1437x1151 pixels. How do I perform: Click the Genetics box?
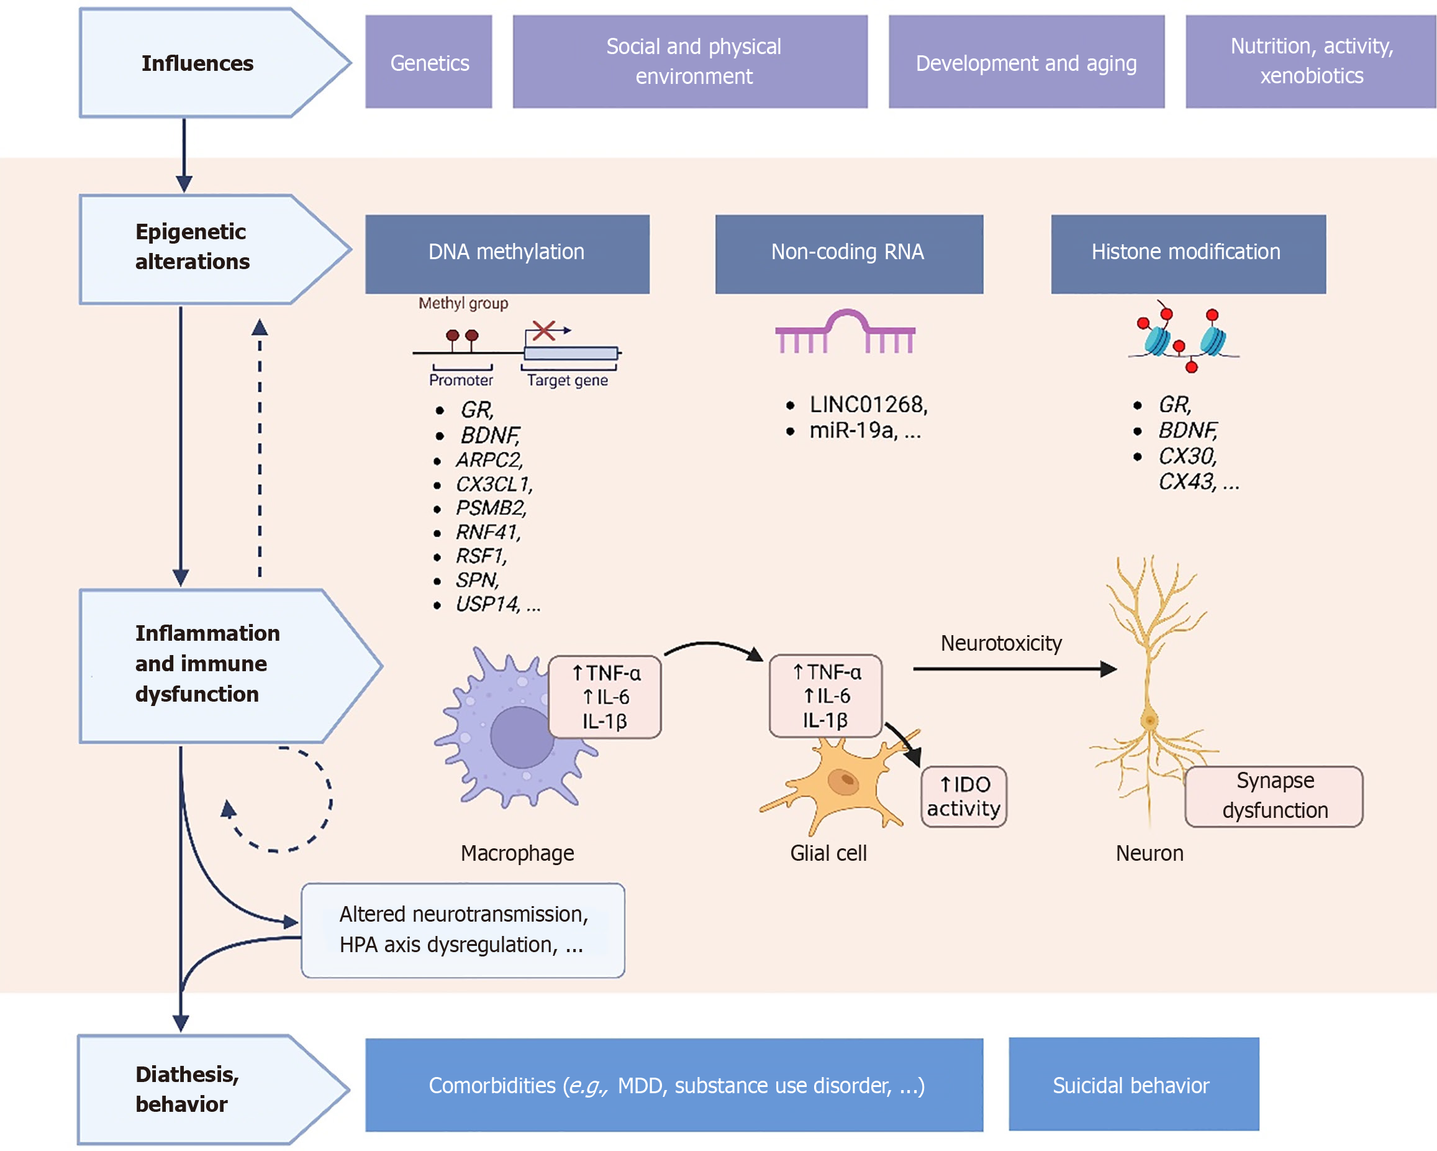click(428, 62)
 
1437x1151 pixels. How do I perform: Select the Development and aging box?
click(1027, 62)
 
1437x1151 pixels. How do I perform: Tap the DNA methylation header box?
click(507, 254)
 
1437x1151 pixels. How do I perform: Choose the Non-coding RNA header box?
click(849, 254)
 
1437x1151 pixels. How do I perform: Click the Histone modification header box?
click(1189, 254)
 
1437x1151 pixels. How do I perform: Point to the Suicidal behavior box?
click(1134, 1084)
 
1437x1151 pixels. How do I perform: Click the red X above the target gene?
click(544, 330)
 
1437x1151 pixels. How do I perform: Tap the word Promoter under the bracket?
click(461, 380)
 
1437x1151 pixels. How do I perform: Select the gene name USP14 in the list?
click(486, 604)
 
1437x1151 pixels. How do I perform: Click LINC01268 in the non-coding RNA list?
click(867, 404)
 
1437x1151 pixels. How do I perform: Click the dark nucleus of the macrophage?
click(522, 737)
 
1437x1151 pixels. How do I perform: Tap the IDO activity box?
click(964, 797)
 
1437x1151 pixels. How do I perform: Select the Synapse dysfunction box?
click(1274, 797)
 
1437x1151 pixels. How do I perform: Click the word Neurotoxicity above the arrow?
click(1001, 643)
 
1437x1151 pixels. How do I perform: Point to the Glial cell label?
click(828, 853)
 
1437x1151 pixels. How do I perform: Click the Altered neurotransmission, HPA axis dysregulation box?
click(463, 931)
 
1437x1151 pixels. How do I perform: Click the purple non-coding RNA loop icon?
click(845, 331)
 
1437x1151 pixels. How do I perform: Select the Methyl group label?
click(463, 303)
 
